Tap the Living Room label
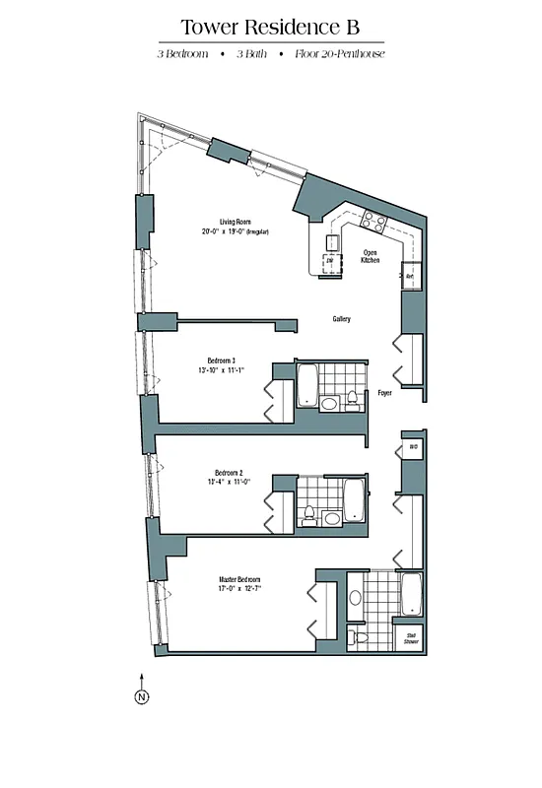(233, 222)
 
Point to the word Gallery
(342, 319)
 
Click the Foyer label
(385, 392)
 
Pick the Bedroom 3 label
(221, 360)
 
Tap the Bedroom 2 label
(221, 471)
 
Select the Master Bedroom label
(239, 579)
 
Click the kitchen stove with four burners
(373, 221)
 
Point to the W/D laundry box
(412, 448)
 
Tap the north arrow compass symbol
(141, 696)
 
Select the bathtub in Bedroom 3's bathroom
(307, 385)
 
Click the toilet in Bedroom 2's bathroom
(309, 513)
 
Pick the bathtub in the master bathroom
(410, 594)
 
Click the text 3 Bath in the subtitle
(254, 54)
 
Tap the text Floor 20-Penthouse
(339, 54)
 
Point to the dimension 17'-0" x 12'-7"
(239, 590)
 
